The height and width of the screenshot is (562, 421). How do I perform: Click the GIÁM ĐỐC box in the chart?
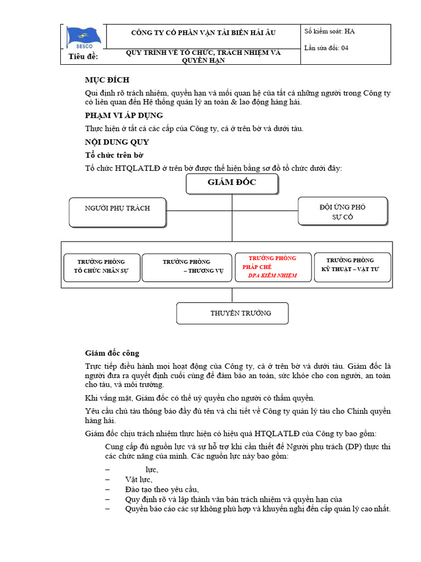(x=232, y=184)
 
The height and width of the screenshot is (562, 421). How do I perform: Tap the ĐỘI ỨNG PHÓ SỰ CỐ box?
(x=343, y=211)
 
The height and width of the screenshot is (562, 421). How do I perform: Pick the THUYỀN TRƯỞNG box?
(x=232, y=313)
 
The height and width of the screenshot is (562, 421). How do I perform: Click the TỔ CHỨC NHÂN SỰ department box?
(x=101, y=266)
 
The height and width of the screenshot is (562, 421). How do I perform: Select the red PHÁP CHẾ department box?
(x=273, y=267)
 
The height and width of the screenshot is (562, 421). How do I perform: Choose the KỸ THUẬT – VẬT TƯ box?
(x=352, y=266)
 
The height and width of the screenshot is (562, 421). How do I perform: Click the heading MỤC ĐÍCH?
(x=107, y=80)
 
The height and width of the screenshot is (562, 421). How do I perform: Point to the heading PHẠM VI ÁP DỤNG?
(x=124, y=115)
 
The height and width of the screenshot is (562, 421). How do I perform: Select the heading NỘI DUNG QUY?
(x=113, y=142)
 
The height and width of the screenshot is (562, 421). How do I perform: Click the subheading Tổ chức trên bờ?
(x=114, y=155)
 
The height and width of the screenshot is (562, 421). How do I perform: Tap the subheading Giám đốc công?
(x=112, y=353)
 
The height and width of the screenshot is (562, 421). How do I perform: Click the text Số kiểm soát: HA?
(x=329, y=32)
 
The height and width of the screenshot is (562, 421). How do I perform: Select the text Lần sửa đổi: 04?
(x=326, y=48)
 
